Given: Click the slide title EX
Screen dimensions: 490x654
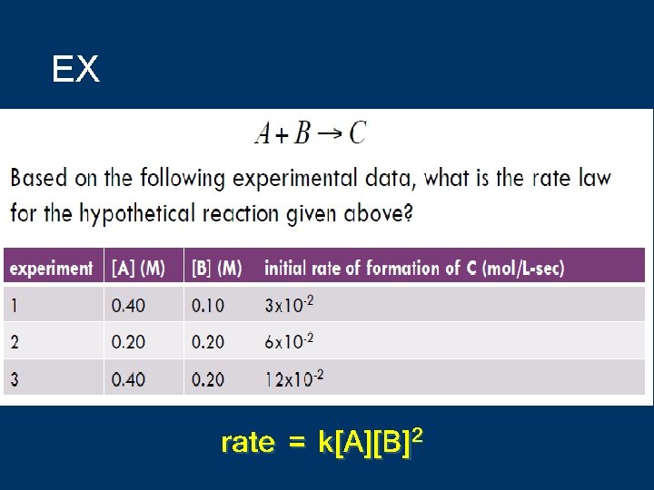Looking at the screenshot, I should (75, 70).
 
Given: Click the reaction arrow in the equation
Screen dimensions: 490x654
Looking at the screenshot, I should (330, 134).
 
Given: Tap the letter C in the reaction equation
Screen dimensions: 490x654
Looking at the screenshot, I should (357, 133).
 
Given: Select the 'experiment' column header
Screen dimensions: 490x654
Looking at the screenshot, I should (51, 268).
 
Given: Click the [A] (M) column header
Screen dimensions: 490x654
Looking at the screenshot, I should (138, 268).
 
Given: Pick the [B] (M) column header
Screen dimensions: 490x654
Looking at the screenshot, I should (216, 268).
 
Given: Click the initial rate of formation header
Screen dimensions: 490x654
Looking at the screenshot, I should (413, 268).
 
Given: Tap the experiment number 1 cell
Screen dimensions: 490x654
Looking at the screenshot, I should (15, 305).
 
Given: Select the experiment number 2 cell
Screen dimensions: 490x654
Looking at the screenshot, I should (15, 341).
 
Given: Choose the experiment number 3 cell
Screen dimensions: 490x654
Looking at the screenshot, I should (15, 378).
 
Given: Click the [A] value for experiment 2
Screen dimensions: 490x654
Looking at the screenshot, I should (128, 341).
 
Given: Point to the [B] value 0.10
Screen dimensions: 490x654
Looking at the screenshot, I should (207, 305).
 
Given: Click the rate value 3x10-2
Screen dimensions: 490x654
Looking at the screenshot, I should (289, 304).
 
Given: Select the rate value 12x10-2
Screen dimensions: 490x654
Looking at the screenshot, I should (293, 377).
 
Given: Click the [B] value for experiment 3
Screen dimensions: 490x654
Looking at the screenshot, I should (207, 378).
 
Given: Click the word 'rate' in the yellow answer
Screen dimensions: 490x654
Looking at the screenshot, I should (248, 443).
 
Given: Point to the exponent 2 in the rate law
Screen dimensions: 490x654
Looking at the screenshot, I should (418, 436).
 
